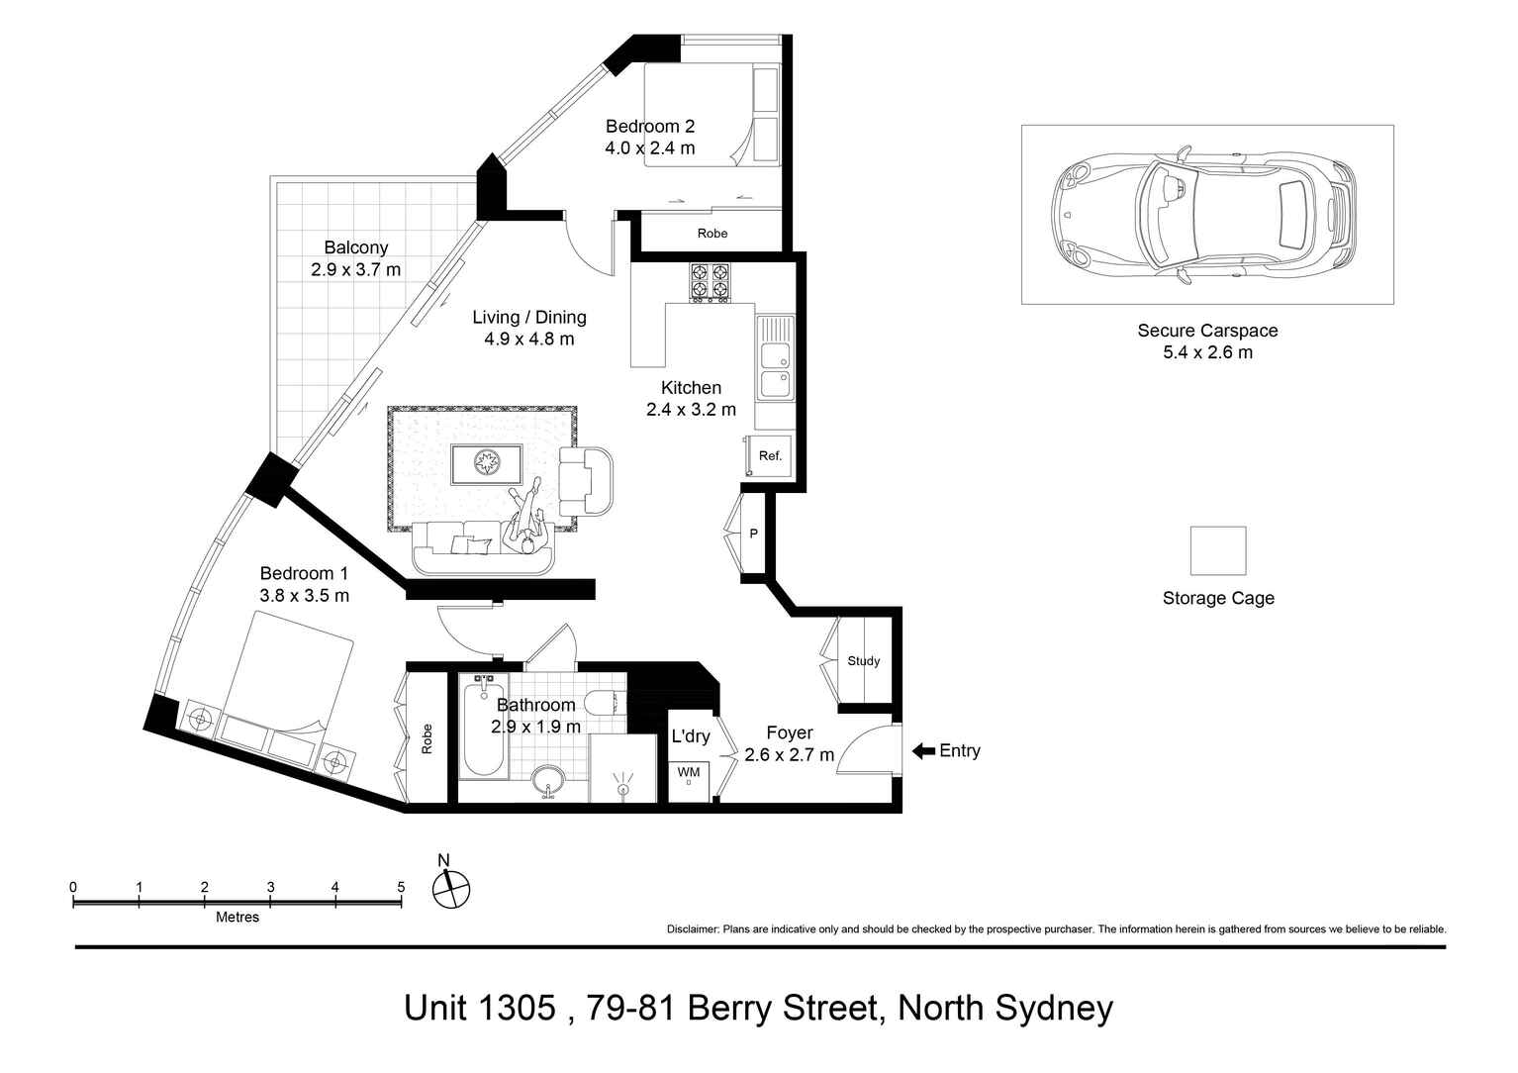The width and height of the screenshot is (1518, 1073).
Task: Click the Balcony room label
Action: pos(355,247)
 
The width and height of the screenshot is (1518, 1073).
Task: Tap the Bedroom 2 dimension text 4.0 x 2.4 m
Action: pos(649,148)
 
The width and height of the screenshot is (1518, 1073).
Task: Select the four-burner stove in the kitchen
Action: pos(710,281)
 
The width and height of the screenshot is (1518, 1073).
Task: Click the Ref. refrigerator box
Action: pos(770,455)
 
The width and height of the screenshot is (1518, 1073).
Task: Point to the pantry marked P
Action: pos(753,535)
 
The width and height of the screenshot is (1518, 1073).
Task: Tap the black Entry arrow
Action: pos(922,751)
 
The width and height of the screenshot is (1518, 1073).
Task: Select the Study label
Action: pos(863,661)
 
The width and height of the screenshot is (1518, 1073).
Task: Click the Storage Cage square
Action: pos(1217,550)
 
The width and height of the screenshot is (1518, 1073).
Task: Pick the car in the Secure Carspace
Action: pos(1202,214)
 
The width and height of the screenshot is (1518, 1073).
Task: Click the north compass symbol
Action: pos(450,888)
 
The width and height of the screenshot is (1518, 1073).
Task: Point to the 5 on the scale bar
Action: pos(401,887)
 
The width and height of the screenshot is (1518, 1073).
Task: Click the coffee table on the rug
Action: pos(486,464)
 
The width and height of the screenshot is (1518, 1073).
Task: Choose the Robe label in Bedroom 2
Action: pos(712,234)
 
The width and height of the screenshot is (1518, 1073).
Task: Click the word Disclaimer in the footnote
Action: pos(693,929)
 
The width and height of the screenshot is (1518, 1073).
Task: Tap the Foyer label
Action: pos(789,732)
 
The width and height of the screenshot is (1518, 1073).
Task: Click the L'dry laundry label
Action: pos(690,736)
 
